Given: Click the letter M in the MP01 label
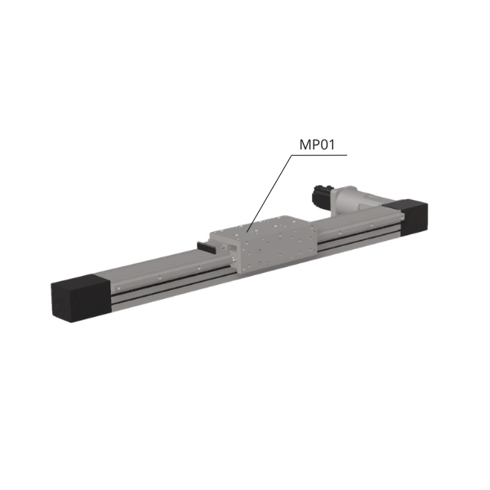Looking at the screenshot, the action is [x=305, y=145].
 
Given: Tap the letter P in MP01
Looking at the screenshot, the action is [x=316, y=145].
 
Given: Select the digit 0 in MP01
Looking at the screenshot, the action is [x=324, y=145].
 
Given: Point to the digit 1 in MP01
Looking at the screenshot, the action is [x=332, y=145].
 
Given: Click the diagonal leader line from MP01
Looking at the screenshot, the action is [x=269, y=194].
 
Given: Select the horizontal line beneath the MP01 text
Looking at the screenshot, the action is [x=319, y=155].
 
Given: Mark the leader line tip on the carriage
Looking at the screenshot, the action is [x=247, y=232].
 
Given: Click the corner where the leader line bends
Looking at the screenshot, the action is [x=292, y=155].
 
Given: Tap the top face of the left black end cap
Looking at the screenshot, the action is [x=80, y=280].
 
